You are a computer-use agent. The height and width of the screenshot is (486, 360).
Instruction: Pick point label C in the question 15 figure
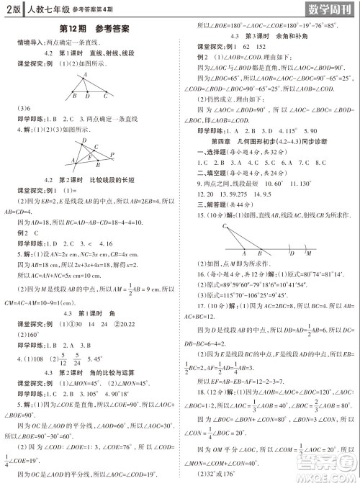pyautogui.click(x=205, y=226)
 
